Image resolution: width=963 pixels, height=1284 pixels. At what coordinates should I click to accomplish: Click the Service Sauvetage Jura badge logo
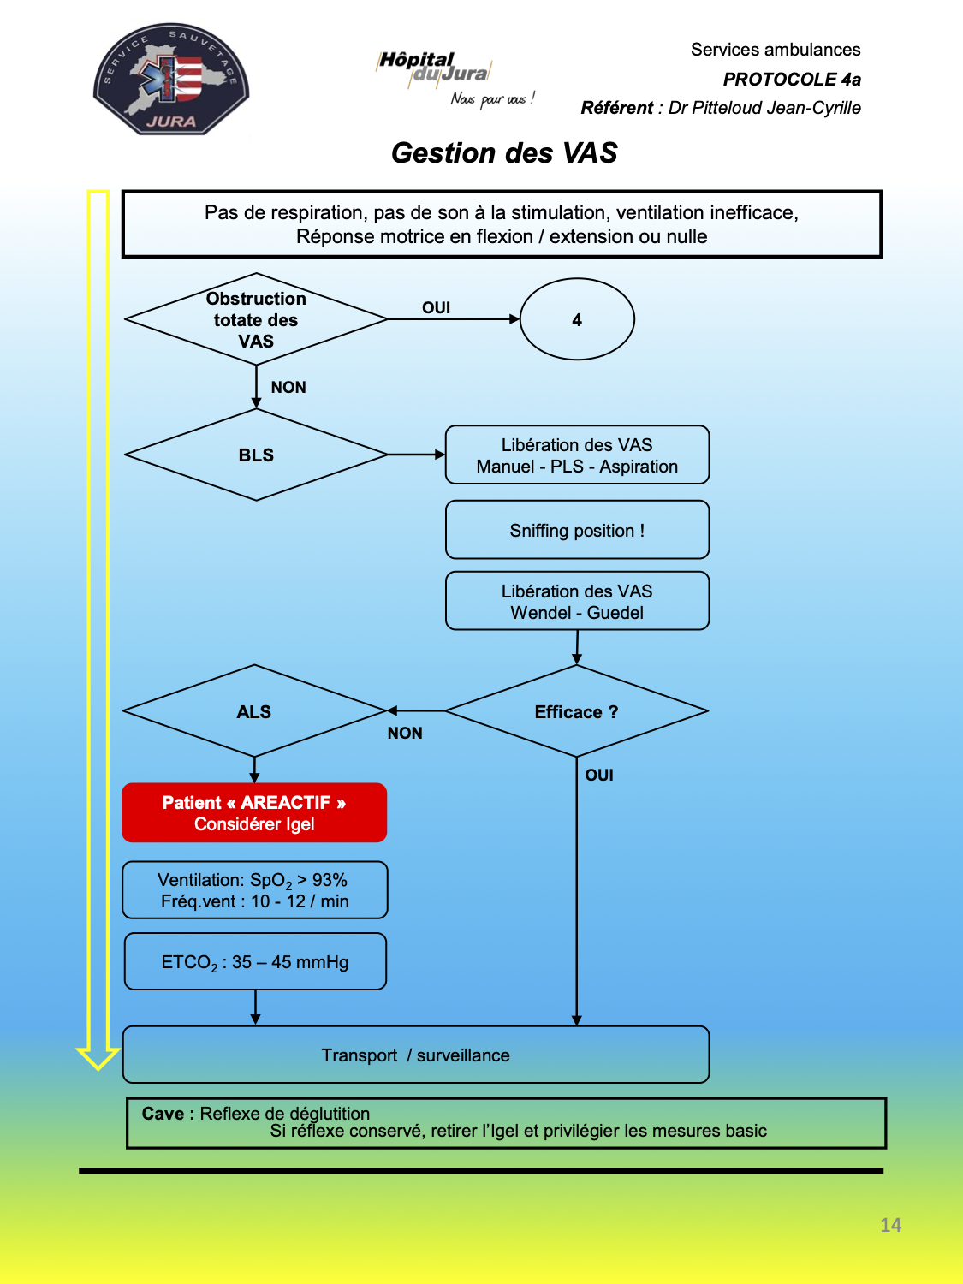[171, 79]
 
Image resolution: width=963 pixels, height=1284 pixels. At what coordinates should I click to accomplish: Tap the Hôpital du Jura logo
[455, 79]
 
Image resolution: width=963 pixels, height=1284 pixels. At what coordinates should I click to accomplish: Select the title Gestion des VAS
[504, 152]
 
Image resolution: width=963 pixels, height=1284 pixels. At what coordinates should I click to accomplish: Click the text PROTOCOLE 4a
[792, 80]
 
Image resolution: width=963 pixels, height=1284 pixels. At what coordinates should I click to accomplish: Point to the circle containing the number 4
[577, 319]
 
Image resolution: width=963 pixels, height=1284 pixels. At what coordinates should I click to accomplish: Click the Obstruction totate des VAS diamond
[256, 319]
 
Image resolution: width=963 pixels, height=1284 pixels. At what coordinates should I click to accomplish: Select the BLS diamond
[256, 455]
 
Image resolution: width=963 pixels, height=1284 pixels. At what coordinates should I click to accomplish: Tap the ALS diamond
[254, 711]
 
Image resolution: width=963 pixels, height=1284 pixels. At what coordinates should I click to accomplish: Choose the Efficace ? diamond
[576, 711]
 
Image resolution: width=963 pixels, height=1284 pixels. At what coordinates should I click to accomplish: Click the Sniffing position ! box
[577, 530]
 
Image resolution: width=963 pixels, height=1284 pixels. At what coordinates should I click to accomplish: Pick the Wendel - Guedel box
[577, 602]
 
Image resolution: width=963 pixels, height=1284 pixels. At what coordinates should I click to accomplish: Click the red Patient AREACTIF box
[254, 812]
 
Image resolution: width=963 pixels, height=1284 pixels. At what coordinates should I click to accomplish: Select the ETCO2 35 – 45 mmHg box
[255, 961]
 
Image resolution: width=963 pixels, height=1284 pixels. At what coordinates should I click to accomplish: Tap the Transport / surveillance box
[416, 1055]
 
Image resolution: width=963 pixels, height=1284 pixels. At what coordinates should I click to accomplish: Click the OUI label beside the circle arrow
[437, 307]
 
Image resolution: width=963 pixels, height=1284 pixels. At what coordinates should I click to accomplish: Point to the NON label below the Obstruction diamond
[288, 387]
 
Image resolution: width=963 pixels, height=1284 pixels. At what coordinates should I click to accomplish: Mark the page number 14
[890, 1225]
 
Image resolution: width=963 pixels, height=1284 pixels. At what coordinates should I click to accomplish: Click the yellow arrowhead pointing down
[98, 1059]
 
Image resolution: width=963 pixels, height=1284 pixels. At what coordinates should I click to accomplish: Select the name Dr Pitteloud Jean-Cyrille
[764, 108]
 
